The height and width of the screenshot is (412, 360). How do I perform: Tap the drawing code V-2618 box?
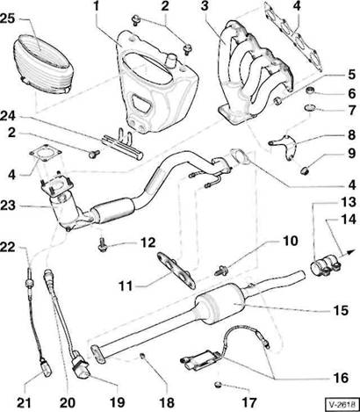click(x=342, y=405)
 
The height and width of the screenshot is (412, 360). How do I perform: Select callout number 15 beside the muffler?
click(x=341, y=310)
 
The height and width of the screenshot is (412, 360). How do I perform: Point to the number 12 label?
click(x=148, y=242)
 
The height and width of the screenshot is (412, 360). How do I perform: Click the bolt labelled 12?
click(x=102, y=244)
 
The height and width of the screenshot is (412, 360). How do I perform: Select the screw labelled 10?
click(x=220, y=270)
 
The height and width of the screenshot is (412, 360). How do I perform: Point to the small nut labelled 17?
click(x=218, y=384)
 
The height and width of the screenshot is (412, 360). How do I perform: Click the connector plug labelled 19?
click(x=81, y=367)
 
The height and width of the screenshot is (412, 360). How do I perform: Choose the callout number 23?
click(x=8, y=206)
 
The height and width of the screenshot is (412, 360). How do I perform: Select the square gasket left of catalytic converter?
click(x=46, y=155)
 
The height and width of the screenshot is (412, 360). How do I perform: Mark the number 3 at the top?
click(x=205, y=7)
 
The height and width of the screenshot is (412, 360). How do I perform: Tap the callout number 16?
click(x=341, y=378)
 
